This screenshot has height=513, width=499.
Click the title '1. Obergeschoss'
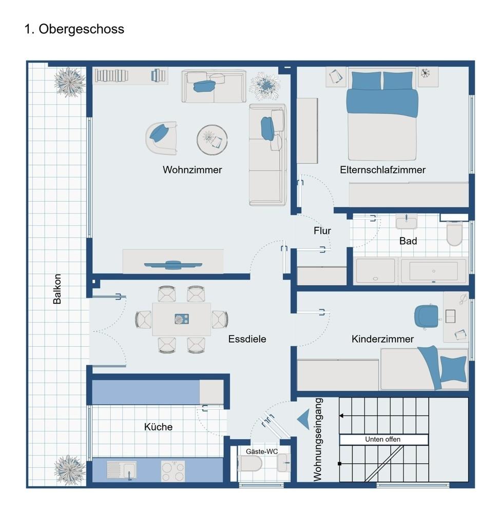tap(74, 29)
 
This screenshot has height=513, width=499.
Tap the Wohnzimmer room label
tap(193, 170)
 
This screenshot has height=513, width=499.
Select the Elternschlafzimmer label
tap(382, 170)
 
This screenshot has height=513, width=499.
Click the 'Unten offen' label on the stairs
tap(382, 440)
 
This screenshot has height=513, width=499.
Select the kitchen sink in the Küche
tap(122, 470)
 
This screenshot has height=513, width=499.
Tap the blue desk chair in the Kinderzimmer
tap(426, 314)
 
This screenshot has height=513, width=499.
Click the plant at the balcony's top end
tap(70, 82)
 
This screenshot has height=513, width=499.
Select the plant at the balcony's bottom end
tap(69, 468)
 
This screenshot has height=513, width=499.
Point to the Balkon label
tap(57, 289)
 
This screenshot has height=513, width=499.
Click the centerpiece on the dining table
tap(181, 319)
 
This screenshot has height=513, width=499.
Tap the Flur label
tap(322, 231)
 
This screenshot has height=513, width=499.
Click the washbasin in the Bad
tap(406, 222)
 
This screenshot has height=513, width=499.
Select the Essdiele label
tap(247, 339)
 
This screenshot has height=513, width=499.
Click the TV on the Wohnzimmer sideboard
tap(174, 265)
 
